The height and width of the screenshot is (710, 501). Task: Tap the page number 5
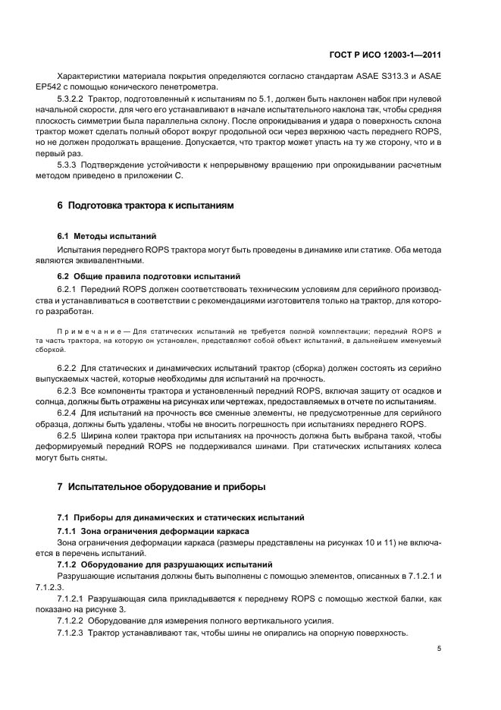[439, 649]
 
